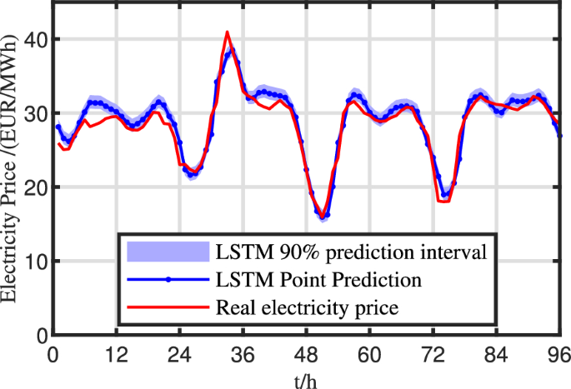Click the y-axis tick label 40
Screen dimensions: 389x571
(x=36, y=39)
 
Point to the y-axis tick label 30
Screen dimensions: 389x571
(x=36, y=113)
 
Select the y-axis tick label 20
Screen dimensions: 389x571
(x=36, y=187)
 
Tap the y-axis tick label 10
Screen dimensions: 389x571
(x=36, y=262)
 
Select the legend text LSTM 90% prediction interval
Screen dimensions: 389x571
(x=350, y=250)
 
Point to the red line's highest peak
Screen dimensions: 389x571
(x=227, y=32)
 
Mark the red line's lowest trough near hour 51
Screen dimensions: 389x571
(x=322, y=218)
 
